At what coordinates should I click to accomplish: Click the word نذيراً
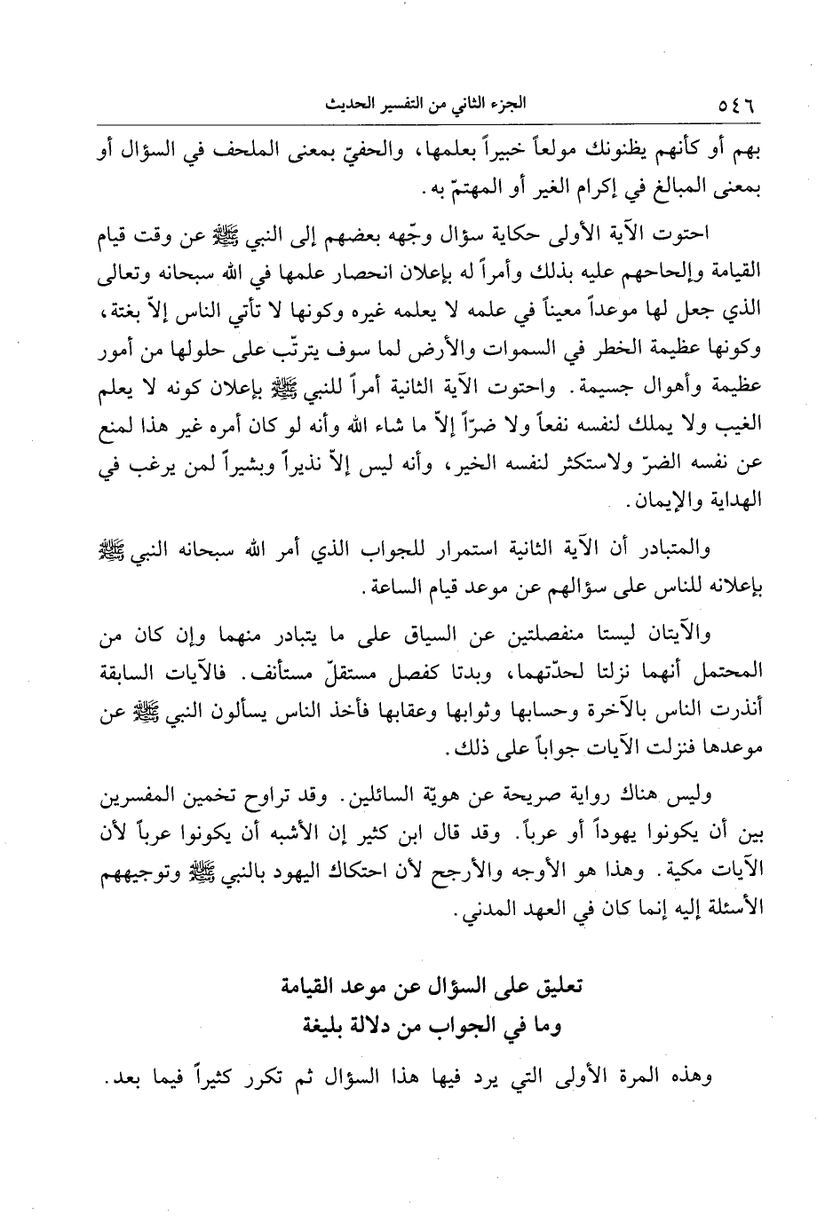tap(296, 465)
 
